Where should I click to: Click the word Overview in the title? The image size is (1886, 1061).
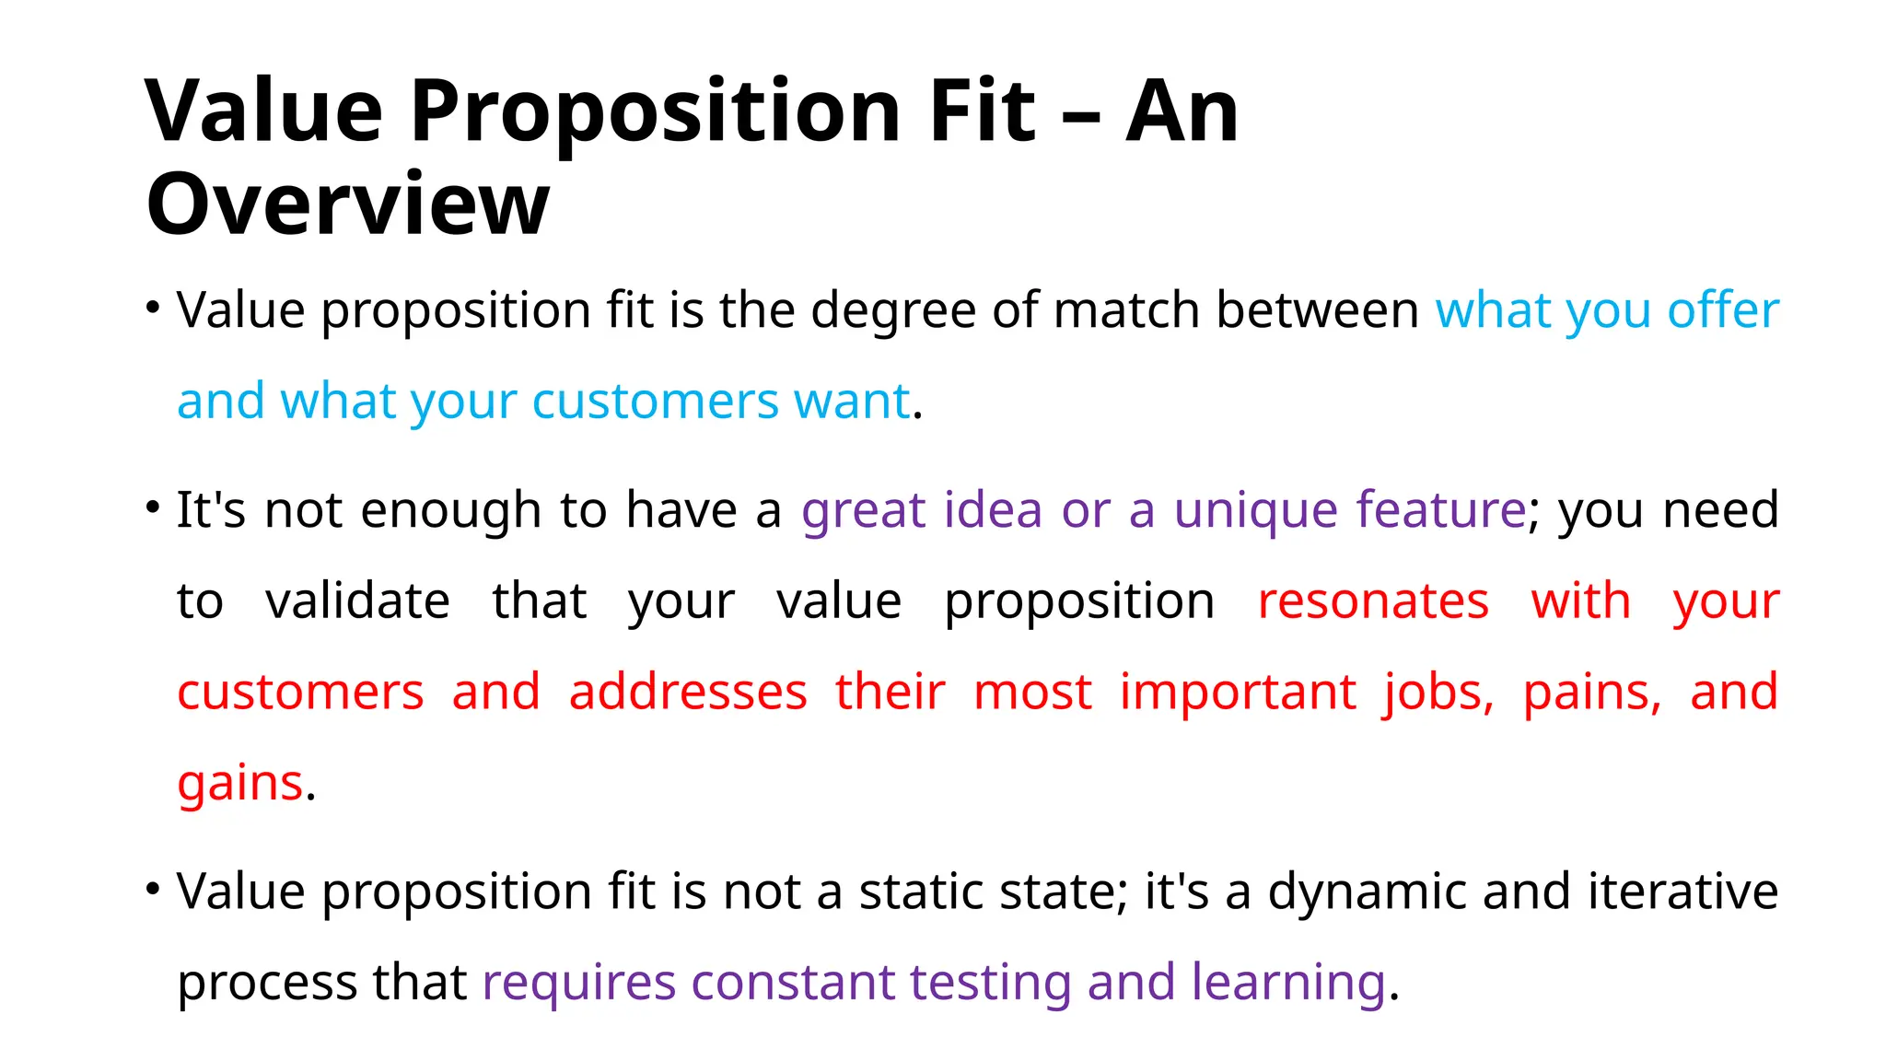(x=347, y=204)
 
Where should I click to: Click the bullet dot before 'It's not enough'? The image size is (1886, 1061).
(x=153, y=507)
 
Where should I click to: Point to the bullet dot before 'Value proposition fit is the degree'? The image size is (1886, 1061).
(x=153, y=307)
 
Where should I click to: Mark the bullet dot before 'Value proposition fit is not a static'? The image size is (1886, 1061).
(x=153, y=889)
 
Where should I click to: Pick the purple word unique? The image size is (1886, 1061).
(x=1255, y=510)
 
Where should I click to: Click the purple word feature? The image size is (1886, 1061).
(x=1441, y=508)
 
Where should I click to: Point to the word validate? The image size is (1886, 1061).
(x=357, y=600)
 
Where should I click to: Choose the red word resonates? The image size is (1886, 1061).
(x=1373, y=600)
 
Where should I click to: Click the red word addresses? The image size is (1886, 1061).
(x=688, y=692)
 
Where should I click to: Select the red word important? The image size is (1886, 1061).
(x=1238, y=692)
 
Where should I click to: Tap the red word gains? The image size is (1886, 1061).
(x=239, y=785)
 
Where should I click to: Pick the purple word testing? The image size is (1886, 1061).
(x=990, y=983)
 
